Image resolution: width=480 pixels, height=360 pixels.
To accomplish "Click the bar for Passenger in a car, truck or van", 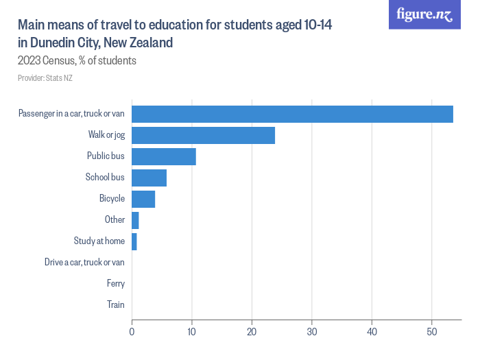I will [292, 114].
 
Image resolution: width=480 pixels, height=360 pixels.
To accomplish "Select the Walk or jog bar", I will [203, 135].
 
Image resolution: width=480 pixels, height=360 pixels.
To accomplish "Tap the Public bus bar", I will [164, 156].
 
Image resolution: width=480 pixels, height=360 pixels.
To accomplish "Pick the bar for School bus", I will [149, 178].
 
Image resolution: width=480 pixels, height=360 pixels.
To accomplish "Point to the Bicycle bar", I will [143, 199].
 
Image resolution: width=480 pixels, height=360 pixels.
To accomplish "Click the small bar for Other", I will [135, 220].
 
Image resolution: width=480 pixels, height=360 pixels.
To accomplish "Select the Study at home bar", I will [134, 241].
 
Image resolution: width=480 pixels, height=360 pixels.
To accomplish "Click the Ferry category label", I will [116, 283].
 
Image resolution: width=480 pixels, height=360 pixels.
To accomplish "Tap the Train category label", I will [116, 304].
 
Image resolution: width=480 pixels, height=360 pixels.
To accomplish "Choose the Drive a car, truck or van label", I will [84, 262].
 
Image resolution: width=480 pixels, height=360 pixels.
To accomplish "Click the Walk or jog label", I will [106, 135].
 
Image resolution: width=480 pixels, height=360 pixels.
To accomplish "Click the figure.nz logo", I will [424, 14].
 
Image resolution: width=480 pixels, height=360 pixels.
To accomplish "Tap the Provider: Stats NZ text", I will [45, 78].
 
